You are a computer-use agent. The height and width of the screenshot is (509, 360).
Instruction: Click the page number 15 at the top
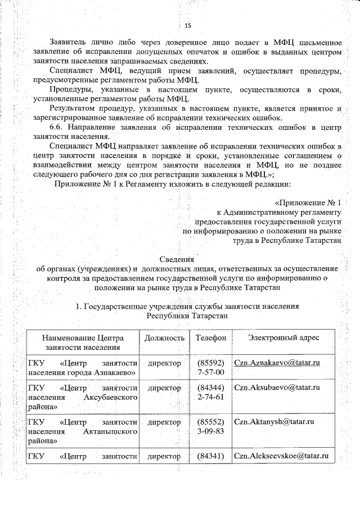pyautogui.click(x=188, y=25)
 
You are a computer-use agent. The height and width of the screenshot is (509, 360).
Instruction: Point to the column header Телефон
pyautogui.click(x=211, y=337)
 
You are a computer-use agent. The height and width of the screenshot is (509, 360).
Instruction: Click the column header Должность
pyautogui.click(x=164, y=337)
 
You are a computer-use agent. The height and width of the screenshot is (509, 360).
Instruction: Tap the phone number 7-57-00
pyautogui.click(x=211, y=372)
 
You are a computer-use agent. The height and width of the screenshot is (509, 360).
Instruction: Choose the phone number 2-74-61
pyautogui.click(x=211, y=397)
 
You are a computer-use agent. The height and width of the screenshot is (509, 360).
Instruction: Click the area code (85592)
pyautogui.click(x=211, y=363)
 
